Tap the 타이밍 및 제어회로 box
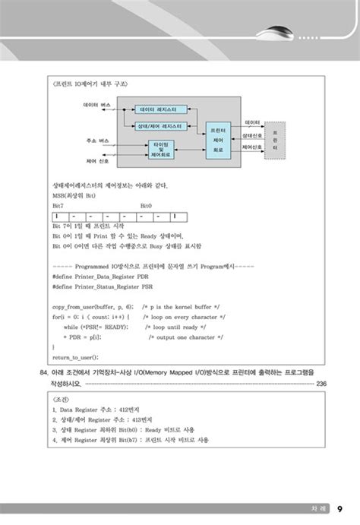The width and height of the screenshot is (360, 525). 163,148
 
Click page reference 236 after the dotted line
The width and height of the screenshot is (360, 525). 321,384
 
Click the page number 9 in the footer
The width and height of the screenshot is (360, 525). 338,508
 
